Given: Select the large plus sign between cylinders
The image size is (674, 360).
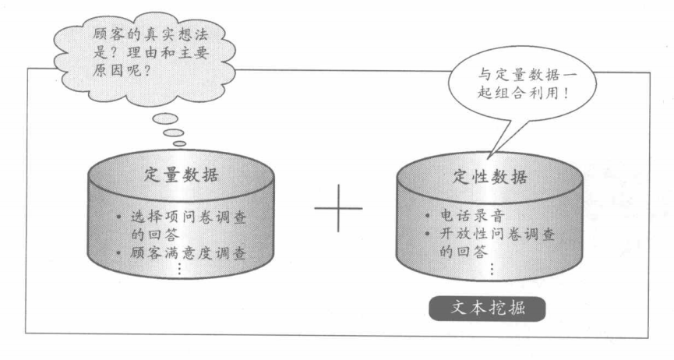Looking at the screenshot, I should coord(338,209).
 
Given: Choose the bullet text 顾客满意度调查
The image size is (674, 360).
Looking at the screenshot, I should coord(189,252).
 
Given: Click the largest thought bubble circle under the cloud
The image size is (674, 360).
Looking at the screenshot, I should coord(167,118).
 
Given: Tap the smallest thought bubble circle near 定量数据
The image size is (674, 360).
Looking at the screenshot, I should coord(180,143).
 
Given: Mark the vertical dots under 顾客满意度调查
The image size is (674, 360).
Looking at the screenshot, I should coord(178,269).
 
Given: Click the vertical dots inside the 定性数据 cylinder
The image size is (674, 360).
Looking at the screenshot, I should coord(491,269).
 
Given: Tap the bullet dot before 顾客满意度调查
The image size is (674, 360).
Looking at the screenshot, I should coord(118,252).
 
